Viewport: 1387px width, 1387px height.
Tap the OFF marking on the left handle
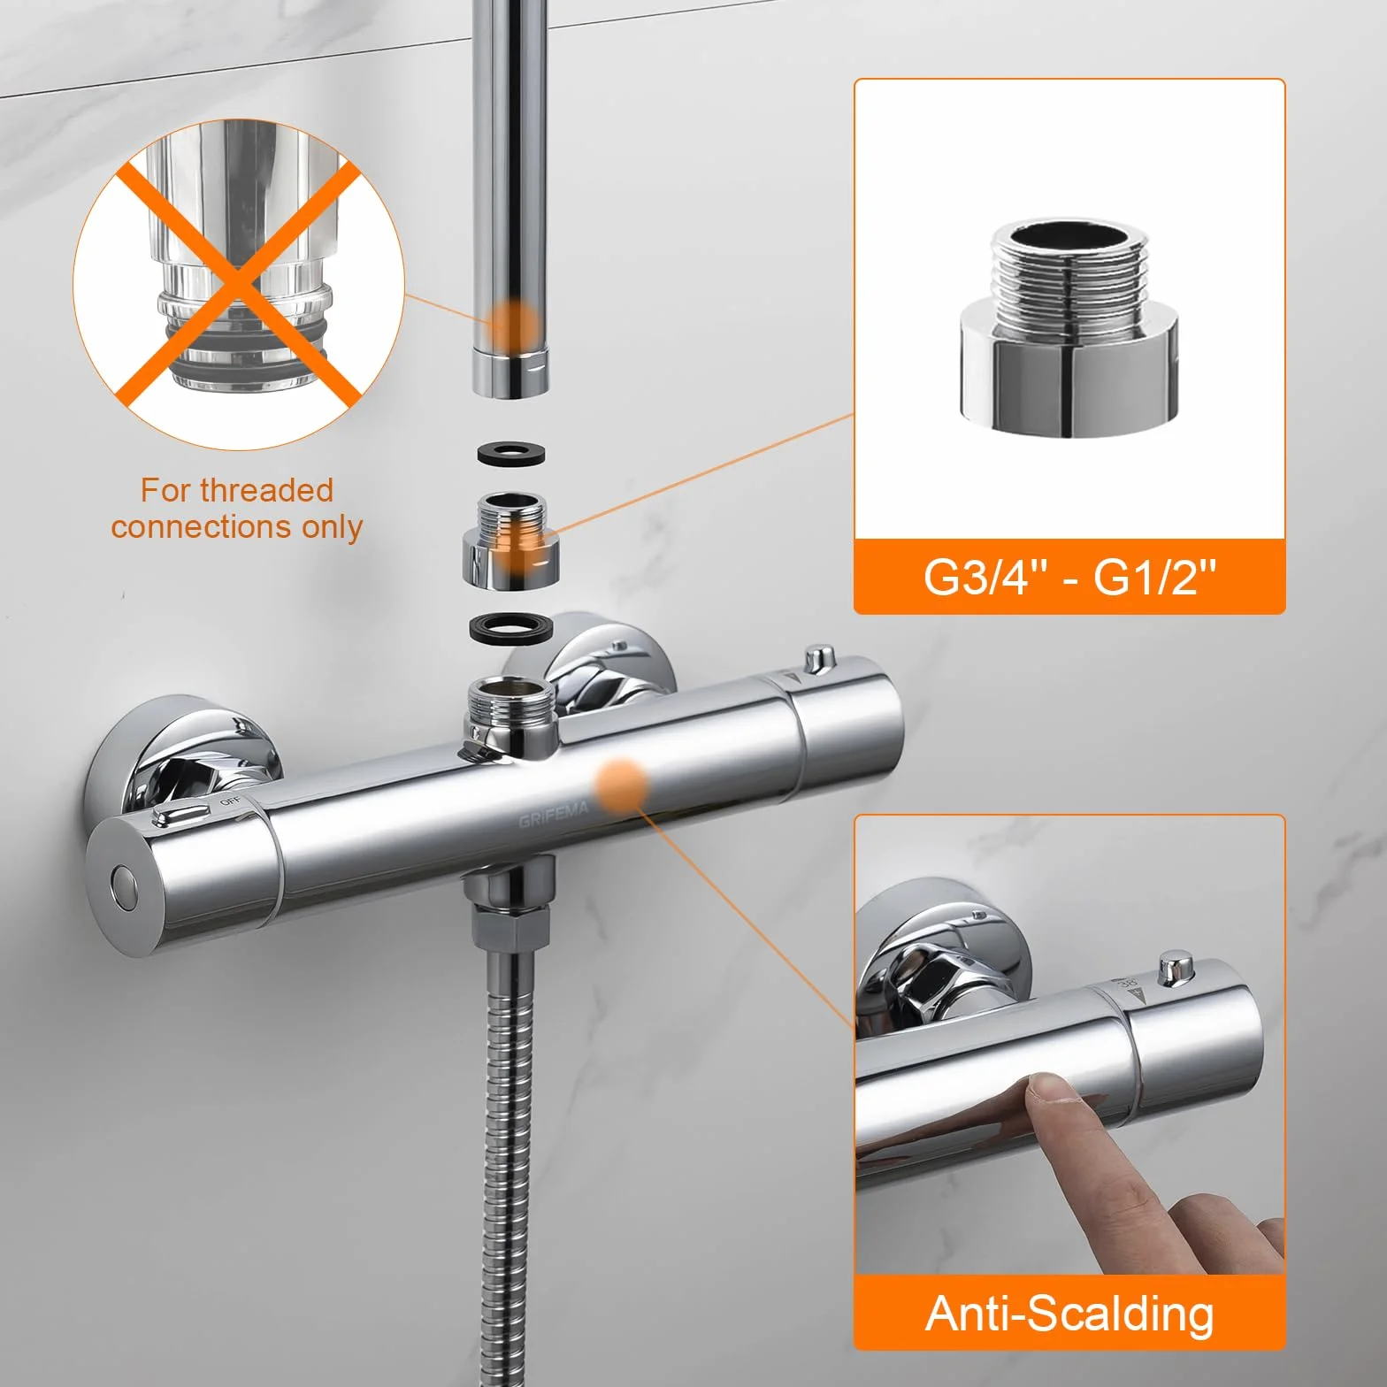pyautogui.click(x=230, y=801)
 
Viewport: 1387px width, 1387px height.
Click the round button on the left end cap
pyautogui.click(x=124, y=887)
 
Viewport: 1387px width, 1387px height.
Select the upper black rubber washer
pyautogui.click(x=511, y=455)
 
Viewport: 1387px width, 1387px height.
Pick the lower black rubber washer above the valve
pyautogui.click(x=511, y=628)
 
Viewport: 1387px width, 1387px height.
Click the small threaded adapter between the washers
pyautogui.click(x=511, y=541)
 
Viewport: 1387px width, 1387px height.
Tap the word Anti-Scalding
pyautogui.click(x=1069, y=1314)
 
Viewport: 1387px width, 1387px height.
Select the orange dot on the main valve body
pyautogui.click(x=621, y=785)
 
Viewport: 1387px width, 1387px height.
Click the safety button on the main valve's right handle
pyautogui.click(x=819, y=659)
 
